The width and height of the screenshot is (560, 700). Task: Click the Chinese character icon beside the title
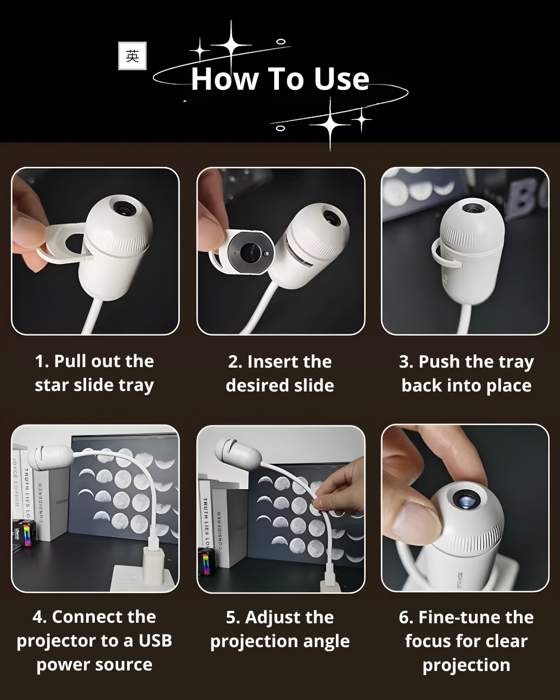(x=132, y=55)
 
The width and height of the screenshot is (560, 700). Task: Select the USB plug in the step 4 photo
(x=153, y=540)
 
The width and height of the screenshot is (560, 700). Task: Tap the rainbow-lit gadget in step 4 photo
(x=25, y=533)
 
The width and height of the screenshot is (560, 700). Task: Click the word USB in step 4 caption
(x=155, y=640)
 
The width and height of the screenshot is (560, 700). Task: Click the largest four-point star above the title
(x=231, y=45)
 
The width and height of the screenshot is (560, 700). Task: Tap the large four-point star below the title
(x=330, y=124)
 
